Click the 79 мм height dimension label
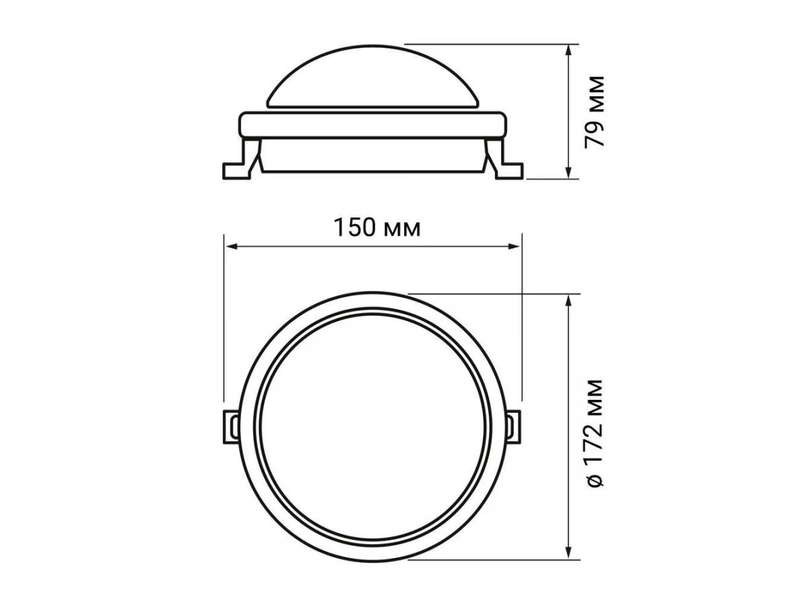(x=595, y=112)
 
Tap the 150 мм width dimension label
(x=376, y=228)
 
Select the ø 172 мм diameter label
(x=595, y=433)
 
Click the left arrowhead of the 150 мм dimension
(x=230, y=246)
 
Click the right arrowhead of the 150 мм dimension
(x=515, y=246)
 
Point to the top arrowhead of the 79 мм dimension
(x=569, y=50)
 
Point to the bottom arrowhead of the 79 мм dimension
(x=569, y=173)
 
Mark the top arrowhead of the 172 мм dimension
(x=569, y=300)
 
